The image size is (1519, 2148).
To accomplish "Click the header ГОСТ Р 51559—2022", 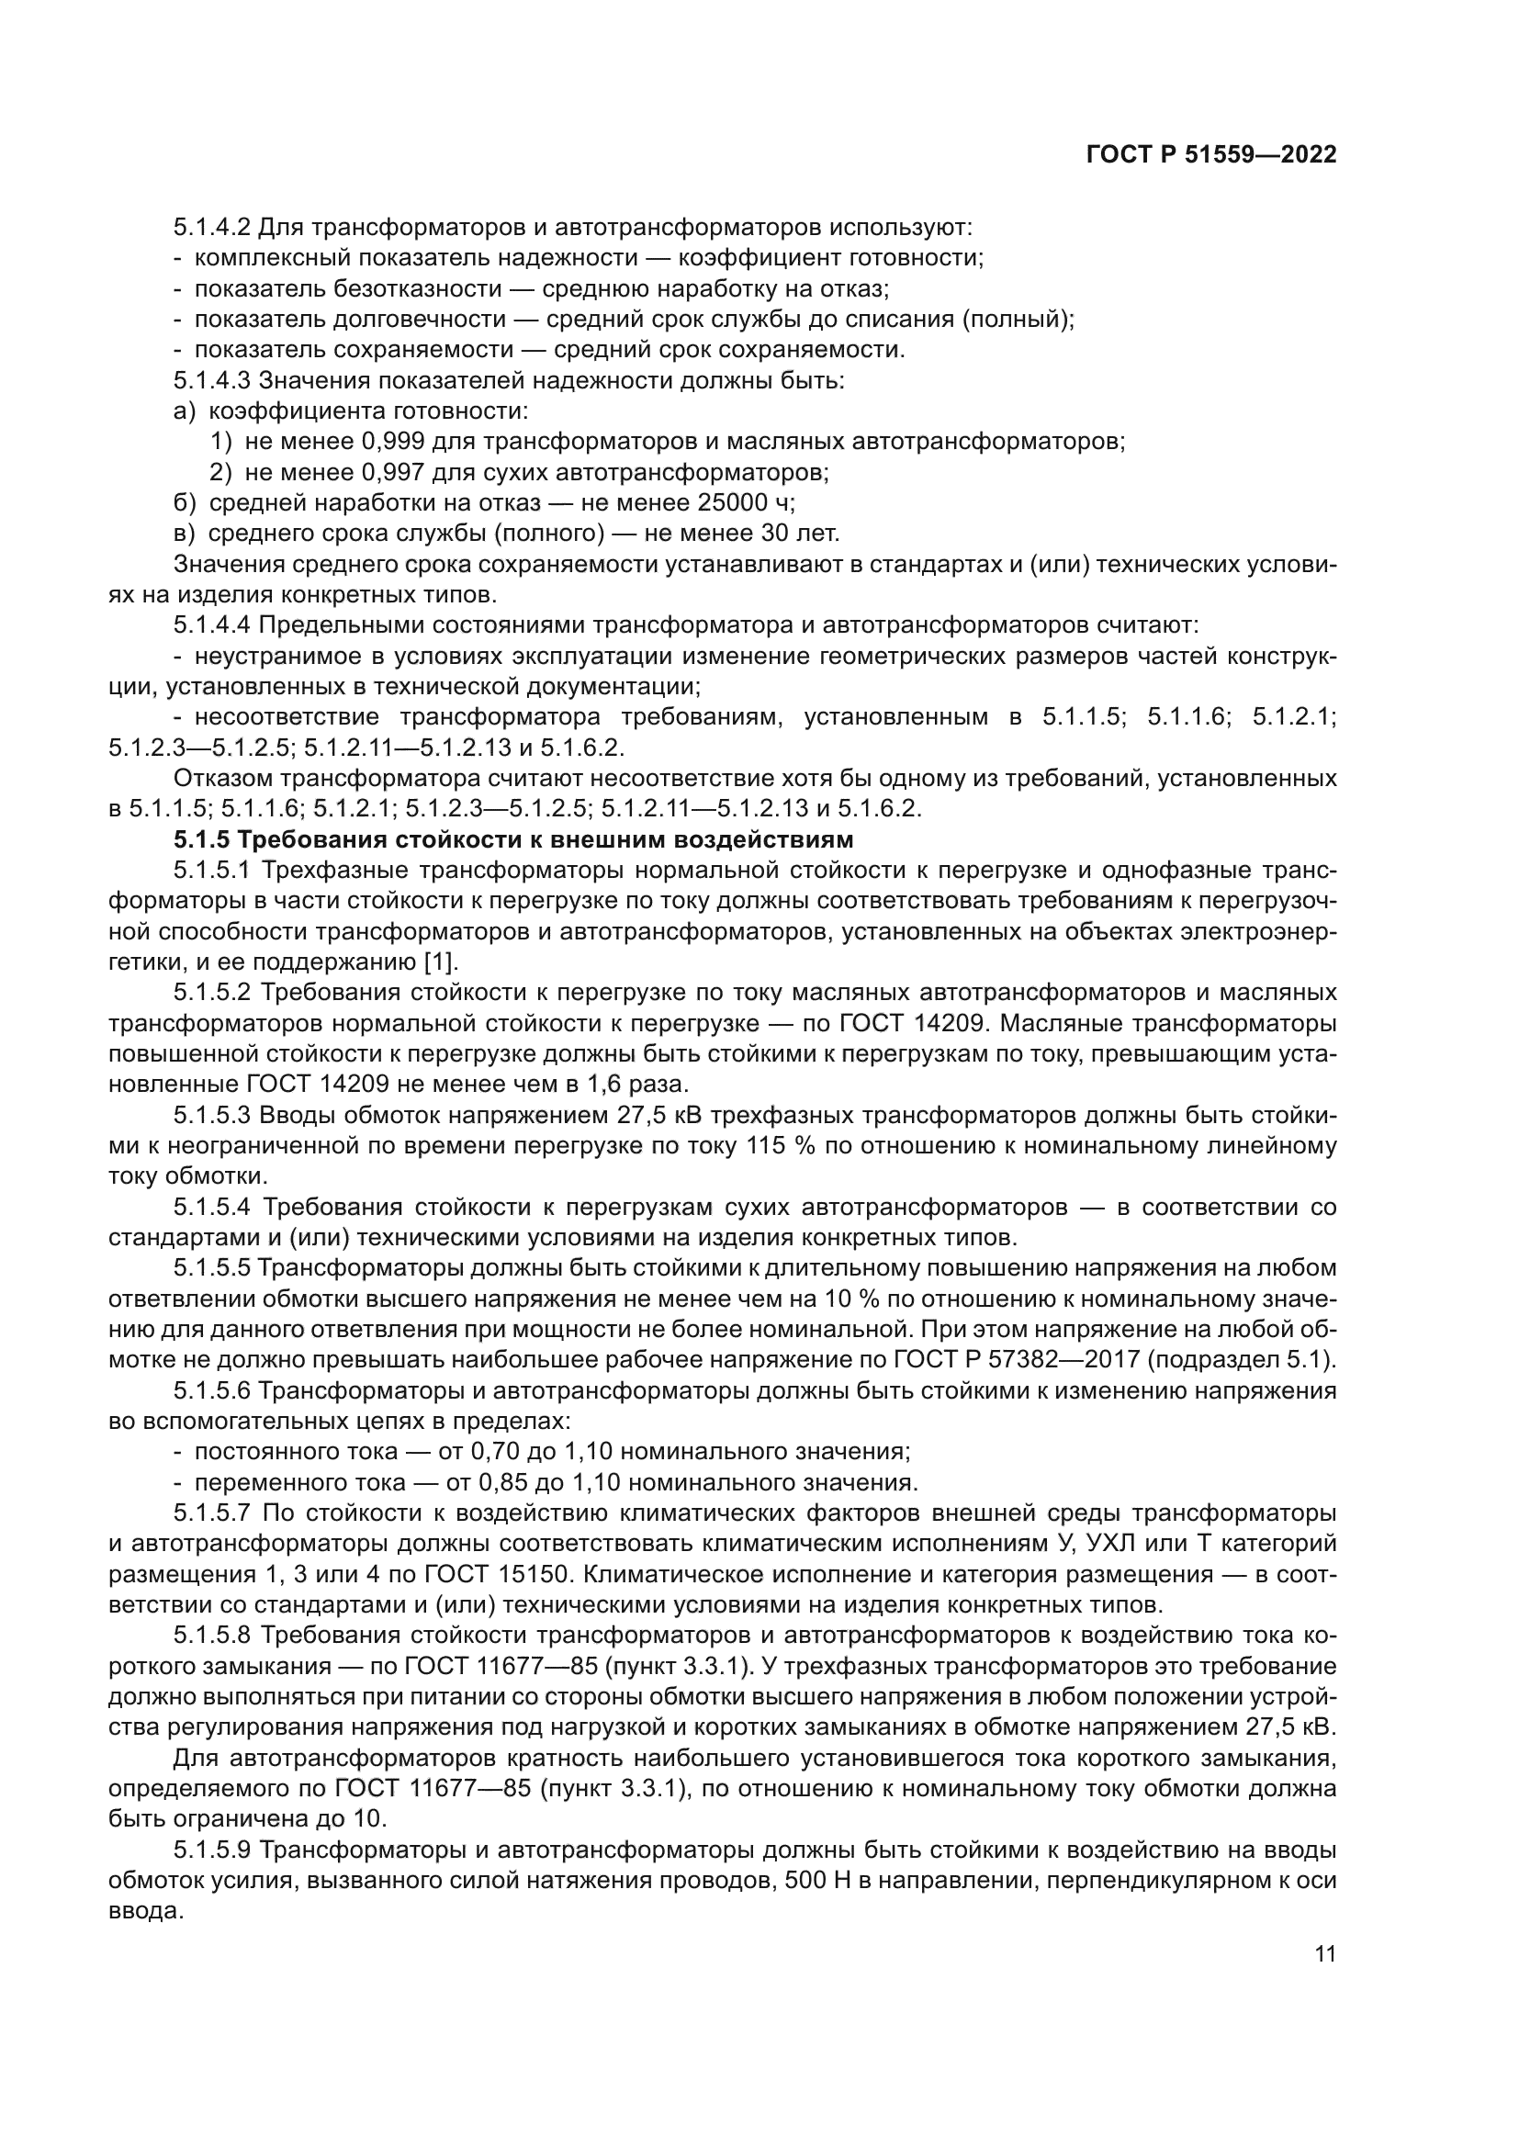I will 1211,155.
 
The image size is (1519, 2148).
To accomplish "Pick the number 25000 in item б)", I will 729,503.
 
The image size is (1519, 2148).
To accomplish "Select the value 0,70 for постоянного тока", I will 494,1452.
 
